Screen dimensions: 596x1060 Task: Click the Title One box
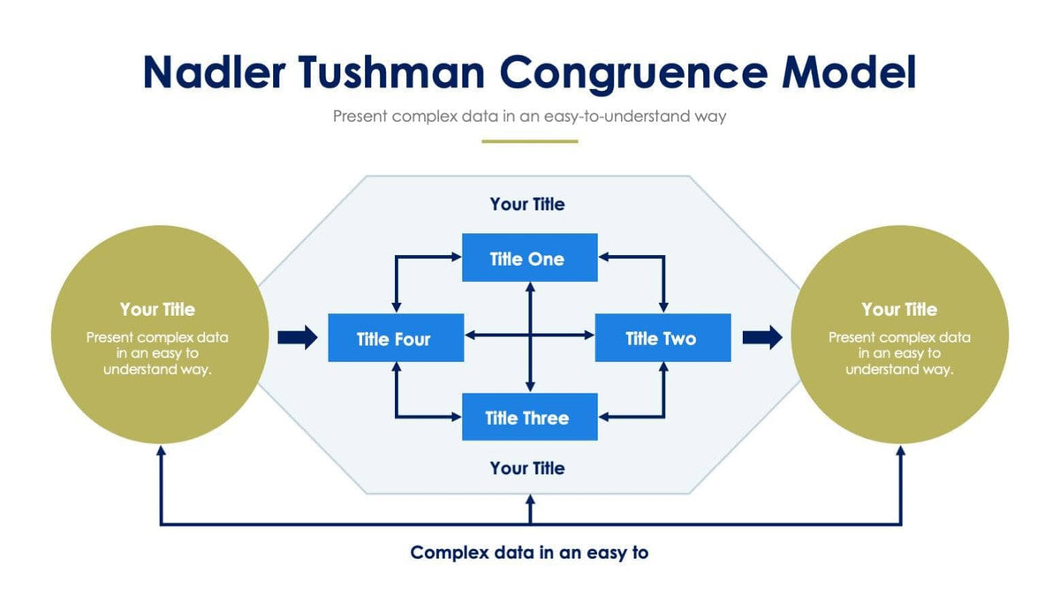coord(529,258)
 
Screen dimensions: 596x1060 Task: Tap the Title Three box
coord(529,417)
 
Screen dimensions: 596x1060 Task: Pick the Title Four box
coord(395,337)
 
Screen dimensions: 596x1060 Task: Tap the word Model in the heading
coord(849,72)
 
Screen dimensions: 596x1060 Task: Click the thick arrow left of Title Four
coord(298,336)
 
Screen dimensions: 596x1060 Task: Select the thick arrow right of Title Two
coord(762,336)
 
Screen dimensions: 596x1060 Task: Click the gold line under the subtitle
coord(529,141)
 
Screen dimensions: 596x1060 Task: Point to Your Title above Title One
coord(527,204)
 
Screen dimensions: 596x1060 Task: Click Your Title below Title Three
coord(527,467)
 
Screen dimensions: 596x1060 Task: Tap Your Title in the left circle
coord(157,309)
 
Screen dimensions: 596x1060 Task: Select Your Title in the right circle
coord(899,309)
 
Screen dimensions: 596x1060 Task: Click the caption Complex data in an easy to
coord(529,553)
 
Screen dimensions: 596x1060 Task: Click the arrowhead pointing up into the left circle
coord(161,450)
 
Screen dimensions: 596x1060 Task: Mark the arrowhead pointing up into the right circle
coord(901,450)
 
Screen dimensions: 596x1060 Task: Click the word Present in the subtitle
coord(360,116)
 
